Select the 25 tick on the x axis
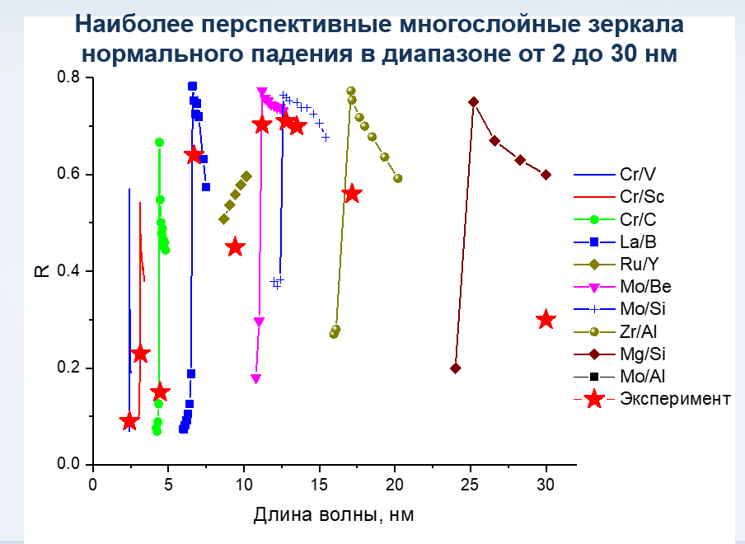471,483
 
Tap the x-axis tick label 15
320,483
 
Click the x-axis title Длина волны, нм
333,516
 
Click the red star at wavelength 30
546,320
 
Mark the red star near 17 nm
352,194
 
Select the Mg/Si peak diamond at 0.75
474,102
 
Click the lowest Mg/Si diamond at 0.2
456,368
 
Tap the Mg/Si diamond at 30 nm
546,174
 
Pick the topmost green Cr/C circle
159,143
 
